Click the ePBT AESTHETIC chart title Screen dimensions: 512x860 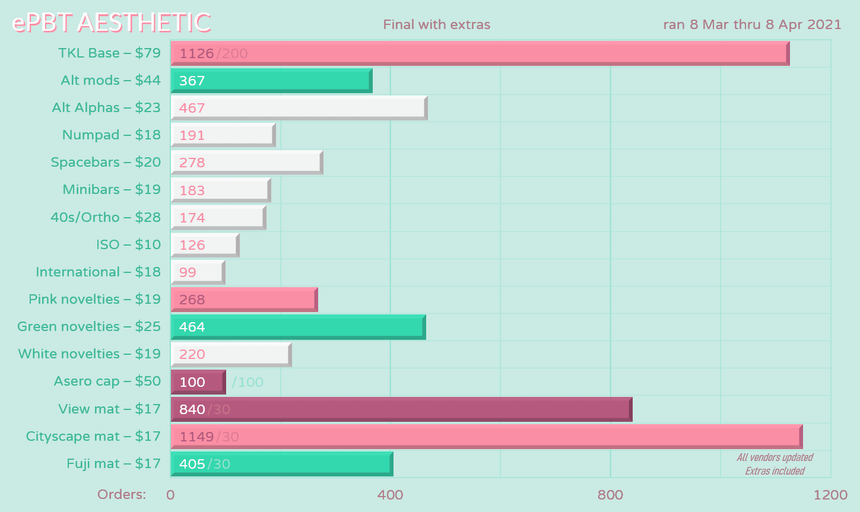[x=112, y=23]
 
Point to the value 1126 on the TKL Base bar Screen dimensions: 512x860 [x=196, y=53]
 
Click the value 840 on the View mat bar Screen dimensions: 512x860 [x=192, y=409]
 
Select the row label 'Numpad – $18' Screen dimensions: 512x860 [x=112, y=135]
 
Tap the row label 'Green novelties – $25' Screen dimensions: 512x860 [x=89, y=326]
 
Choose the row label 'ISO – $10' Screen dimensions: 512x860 [x=128, y=244]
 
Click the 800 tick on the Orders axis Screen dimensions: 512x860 [x=610, y=495]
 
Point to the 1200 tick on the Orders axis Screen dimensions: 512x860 [x=830, y=495]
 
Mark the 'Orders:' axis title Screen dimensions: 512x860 [x=122, y=494]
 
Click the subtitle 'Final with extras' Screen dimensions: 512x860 [x=437, y=25]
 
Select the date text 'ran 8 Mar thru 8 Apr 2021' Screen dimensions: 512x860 [x=752, y=25]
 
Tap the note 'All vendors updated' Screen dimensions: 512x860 [x=775, y=457]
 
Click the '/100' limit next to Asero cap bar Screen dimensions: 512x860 [x=247, y=382]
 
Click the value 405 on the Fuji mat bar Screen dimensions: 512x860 [x=192, y=464]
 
